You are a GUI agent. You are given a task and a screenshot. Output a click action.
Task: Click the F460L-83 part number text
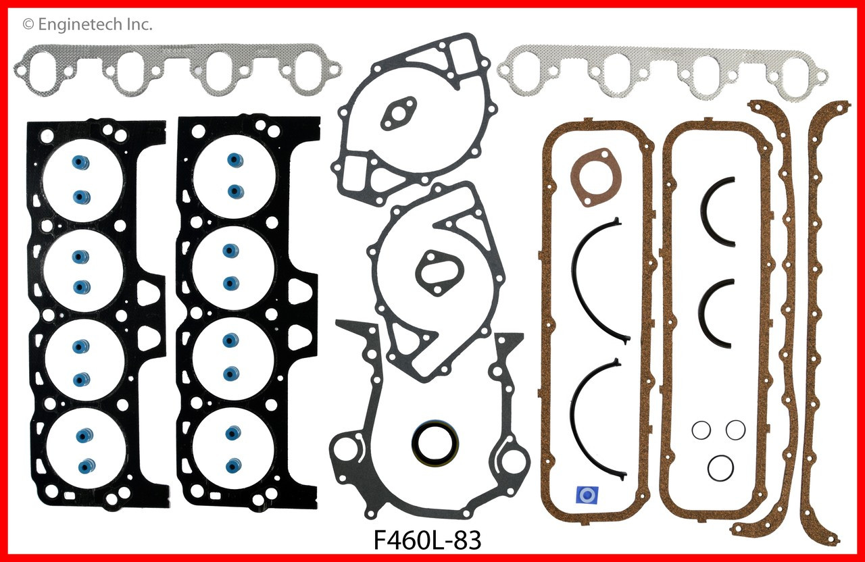click(x=428, y=540)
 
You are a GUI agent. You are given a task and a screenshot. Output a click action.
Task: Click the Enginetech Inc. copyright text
click(x=88, y=25)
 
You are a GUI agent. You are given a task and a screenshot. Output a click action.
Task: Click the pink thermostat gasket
click(x=592, y=177)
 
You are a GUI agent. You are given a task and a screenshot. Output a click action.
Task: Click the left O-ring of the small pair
click(x=701, y=430)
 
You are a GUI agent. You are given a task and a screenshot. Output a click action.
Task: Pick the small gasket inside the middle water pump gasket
click(x=432, y=274)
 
